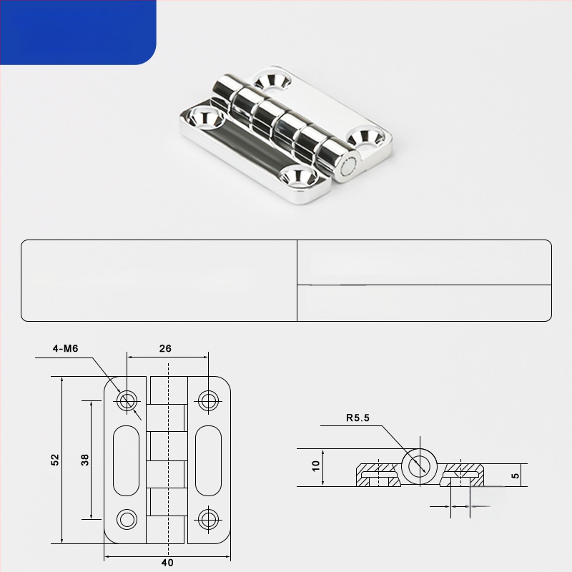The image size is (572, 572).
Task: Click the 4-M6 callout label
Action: (65, 349)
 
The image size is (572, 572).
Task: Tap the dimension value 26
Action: (165, 349)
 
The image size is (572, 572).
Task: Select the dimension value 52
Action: (55, 460)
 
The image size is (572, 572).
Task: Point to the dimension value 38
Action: (84, 460)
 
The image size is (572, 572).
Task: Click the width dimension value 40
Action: (167, 563)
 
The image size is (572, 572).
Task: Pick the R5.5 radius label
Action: (358, 418)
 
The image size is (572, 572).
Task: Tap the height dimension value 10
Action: (316, 466)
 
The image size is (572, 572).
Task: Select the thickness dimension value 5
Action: (515, 475)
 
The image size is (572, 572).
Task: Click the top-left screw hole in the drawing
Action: (127, 401)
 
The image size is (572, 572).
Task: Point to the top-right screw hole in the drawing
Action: (208, 401)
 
